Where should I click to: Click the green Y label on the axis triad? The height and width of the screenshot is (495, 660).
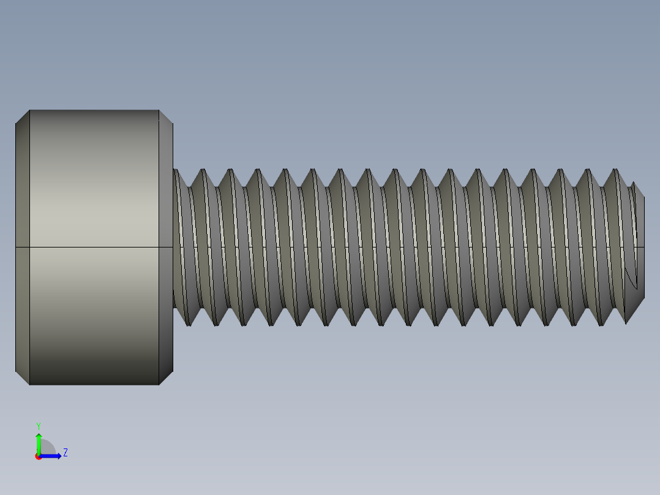tap(39, 425)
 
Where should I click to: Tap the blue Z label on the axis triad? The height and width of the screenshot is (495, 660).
tap(65, 453)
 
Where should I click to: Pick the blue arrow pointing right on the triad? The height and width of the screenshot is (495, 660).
tap(53, 456)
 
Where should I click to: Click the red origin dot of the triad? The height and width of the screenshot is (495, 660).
tap(39, 456)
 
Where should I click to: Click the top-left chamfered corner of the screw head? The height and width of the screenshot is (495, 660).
tap(22, 117)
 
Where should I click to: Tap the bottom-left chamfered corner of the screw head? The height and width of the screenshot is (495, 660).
tap(22, 378)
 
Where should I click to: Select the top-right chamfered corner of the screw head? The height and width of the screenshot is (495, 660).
tap(166, 117)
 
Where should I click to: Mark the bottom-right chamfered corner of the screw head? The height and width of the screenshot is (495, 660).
tap(166, 378)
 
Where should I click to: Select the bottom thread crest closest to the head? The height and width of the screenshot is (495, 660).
tap(189, 325)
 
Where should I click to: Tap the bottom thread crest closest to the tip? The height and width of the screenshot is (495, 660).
tap(626, 322)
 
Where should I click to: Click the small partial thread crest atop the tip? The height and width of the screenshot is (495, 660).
tap(634, 183)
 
